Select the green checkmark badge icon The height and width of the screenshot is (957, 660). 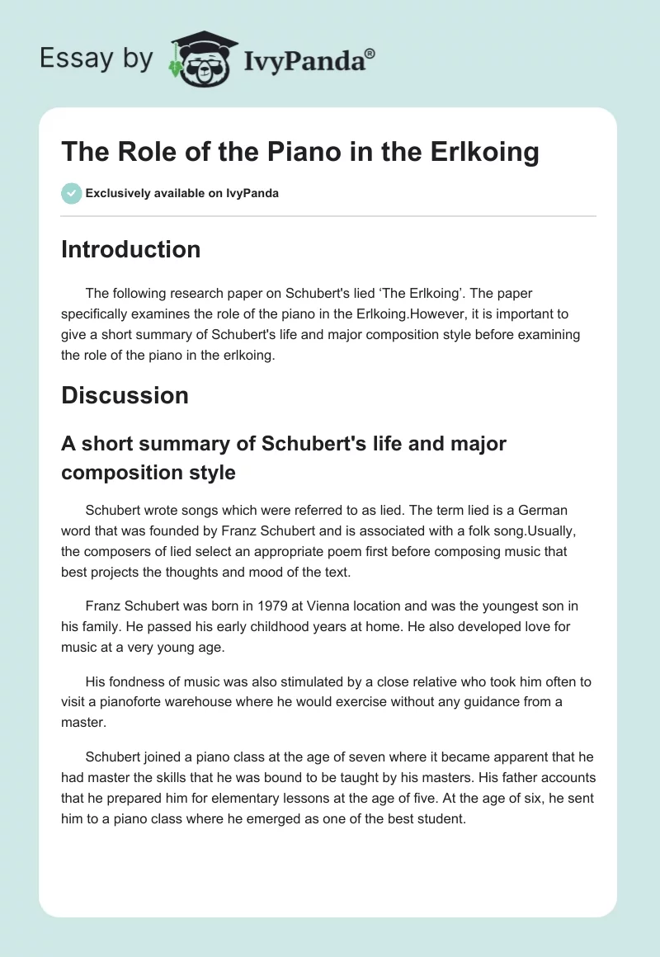point(71,193)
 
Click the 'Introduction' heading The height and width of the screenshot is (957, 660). point(130,249)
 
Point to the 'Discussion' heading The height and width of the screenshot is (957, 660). point(125,395)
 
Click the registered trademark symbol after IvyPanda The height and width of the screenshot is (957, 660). point(370,51)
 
